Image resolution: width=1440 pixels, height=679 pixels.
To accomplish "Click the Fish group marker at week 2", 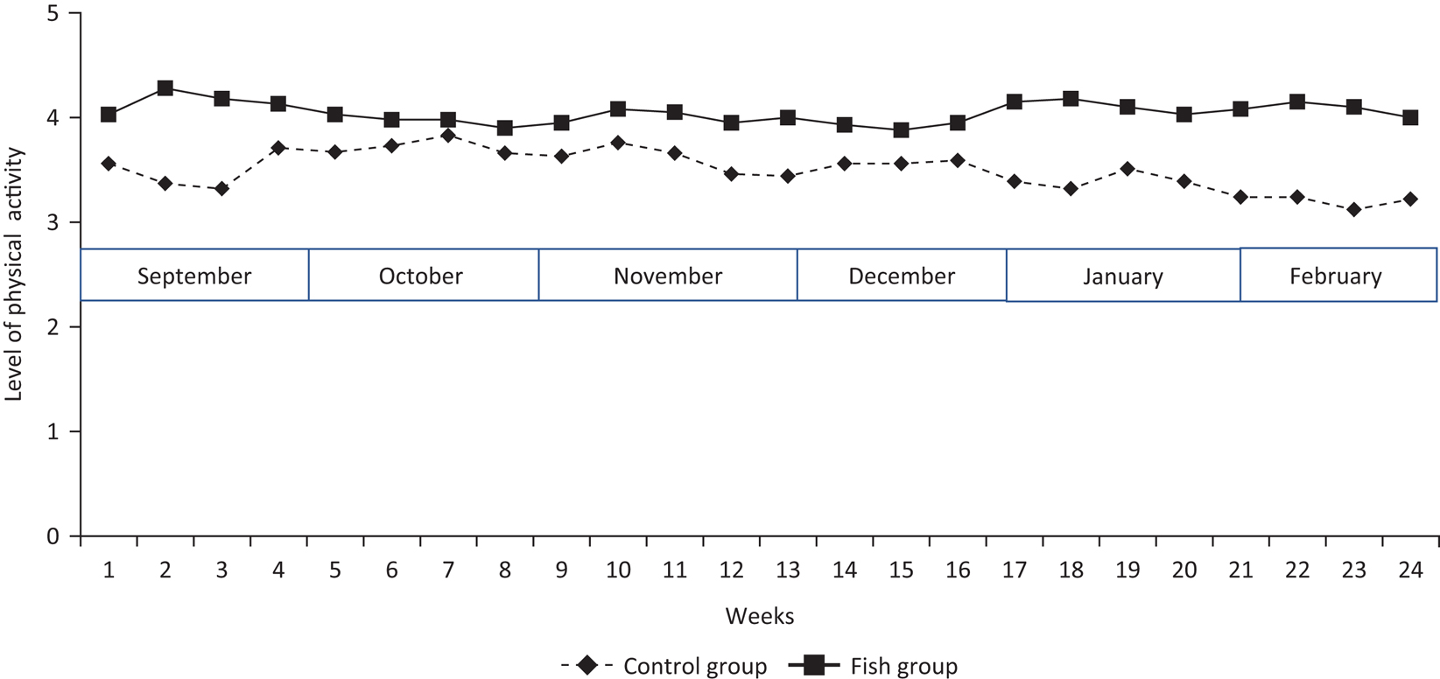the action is pos(165,88).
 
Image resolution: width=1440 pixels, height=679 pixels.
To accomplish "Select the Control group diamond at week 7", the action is pos(448,136).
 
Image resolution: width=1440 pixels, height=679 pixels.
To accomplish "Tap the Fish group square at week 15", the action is pos(902,129).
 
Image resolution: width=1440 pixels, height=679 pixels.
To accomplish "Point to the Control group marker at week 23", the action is pos(1354,209).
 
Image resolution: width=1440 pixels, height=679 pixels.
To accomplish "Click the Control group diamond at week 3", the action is pos(221,189).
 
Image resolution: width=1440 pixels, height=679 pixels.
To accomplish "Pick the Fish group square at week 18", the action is pos(1071,99).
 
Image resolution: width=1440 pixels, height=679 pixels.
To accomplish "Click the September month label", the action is pos(194,276).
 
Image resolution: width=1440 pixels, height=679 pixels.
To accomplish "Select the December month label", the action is pos(902,276).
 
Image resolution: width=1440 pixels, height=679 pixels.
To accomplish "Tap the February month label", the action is pos(1336,276).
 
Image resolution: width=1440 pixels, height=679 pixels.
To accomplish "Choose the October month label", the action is pos(420,276).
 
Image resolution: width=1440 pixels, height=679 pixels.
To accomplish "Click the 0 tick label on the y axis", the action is pos(53,535).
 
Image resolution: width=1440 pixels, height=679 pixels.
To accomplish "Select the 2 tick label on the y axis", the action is pos(53,327).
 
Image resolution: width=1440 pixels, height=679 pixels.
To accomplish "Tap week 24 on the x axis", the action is pos(1410,570).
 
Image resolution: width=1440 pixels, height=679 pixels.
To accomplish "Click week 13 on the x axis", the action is pos(788,570).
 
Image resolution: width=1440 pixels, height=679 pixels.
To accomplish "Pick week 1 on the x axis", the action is pos(109,570).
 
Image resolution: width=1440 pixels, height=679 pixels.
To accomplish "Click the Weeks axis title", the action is pos(760,616).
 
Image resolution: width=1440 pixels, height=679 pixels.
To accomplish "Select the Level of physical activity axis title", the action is pos(13,274).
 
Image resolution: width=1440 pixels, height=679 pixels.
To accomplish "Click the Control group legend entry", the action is pos(664,666).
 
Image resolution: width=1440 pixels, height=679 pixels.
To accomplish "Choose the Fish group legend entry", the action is pos(873,666).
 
